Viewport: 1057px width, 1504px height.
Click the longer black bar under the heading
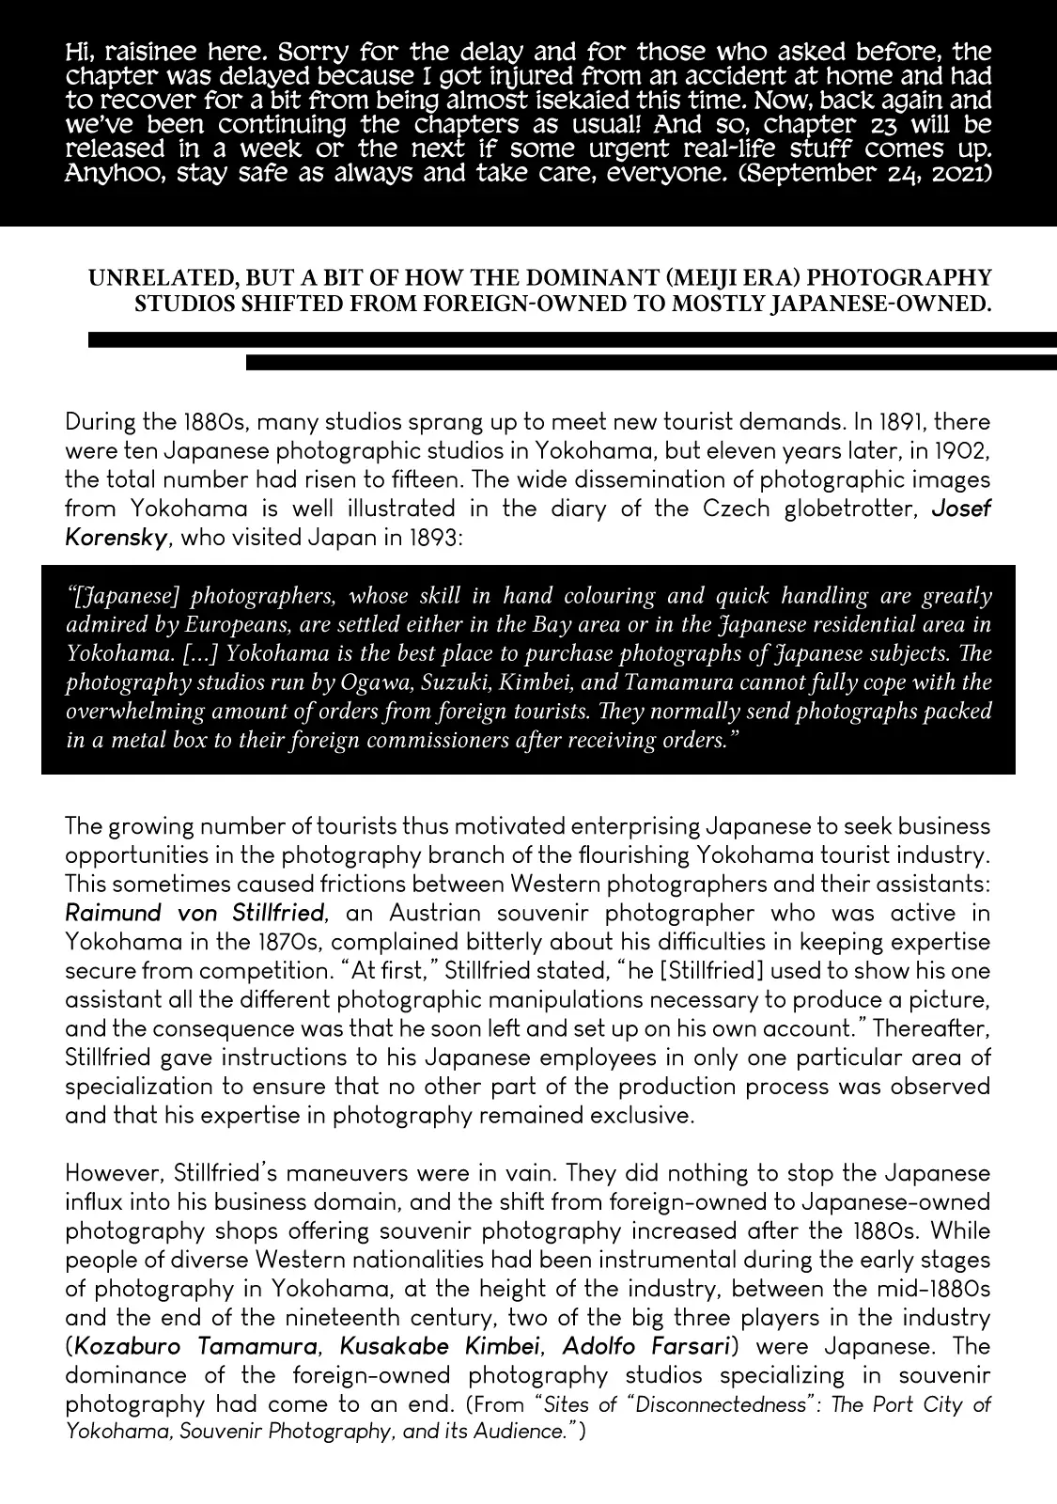pos(572,339)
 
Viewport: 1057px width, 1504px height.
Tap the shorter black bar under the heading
pos(651,362)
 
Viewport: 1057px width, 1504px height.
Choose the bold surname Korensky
pos(117,538)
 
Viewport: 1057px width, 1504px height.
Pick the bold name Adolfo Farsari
pos(647,1346)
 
